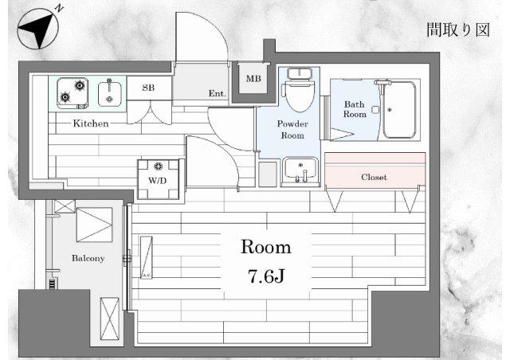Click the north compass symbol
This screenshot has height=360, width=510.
point(38,28)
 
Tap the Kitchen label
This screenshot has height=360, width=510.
point(90,123)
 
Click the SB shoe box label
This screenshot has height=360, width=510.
point(148,88)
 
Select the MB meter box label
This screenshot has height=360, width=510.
point(253,78)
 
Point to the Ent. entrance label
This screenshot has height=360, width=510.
point(217,94)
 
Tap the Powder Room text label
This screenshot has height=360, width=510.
point(292,130)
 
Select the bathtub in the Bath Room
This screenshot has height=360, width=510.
point(399,110)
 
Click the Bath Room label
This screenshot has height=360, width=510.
point(355,109)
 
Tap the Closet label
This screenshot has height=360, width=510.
point(374,178)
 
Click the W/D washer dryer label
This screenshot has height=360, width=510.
point(158,181)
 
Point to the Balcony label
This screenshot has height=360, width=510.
point(88,258)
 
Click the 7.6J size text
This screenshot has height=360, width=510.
point(266,276)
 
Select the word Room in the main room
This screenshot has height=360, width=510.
point(265,247)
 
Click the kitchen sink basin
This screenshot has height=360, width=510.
point(110,94)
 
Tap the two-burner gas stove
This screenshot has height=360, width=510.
point(73,93)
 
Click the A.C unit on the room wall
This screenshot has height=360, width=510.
point(147,257)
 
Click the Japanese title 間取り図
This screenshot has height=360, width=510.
point(458,30)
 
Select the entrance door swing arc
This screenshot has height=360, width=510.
point(212,28)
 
